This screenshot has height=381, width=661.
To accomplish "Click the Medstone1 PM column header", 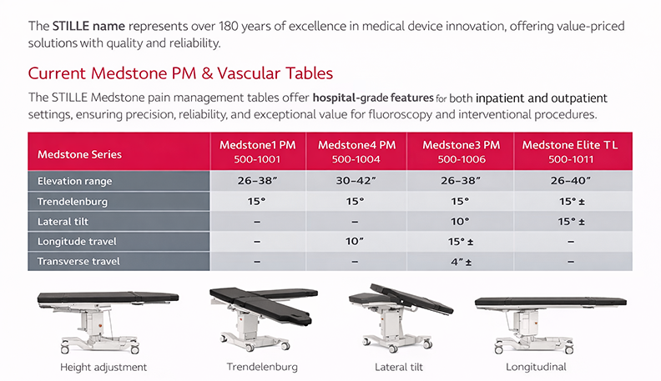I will pyautogui.click(x=257, y=151).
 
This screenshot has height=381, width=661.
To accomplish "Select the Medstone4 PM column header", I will pyautogui.click(x=356, y=151).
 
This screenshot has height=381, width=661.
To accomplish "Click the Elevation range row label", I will pyautogui.click(x=75, y=181).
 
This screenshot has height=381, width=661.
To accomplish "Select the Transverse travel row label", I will pyautogui.click(x=78, y=262).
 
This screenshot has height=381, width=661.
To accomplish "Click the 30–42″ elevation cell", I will pyautogui.click(x=356, y=181).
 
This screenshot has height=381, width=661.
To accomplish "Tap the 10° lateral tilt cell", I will pyautogui.click(x=461, y=222).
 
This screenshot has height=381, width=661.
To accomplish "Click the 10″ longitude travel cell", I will pyautogui.click(x=356, y=242).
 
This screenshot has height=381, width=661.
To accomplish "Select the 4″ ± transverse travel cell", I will pyautogui.click(x=461, y=262).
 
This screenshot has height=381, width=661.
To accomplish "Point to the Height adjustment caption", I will pyautogui.click(x=103, y=367).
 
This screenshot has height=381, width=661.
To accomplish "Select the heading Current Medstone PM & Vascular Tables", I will pyautogui.click(x=180, y=73).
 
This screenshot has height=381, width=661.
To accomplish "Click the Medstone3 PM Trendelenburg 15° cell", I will pyautogui.click(x=461, y=201).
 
